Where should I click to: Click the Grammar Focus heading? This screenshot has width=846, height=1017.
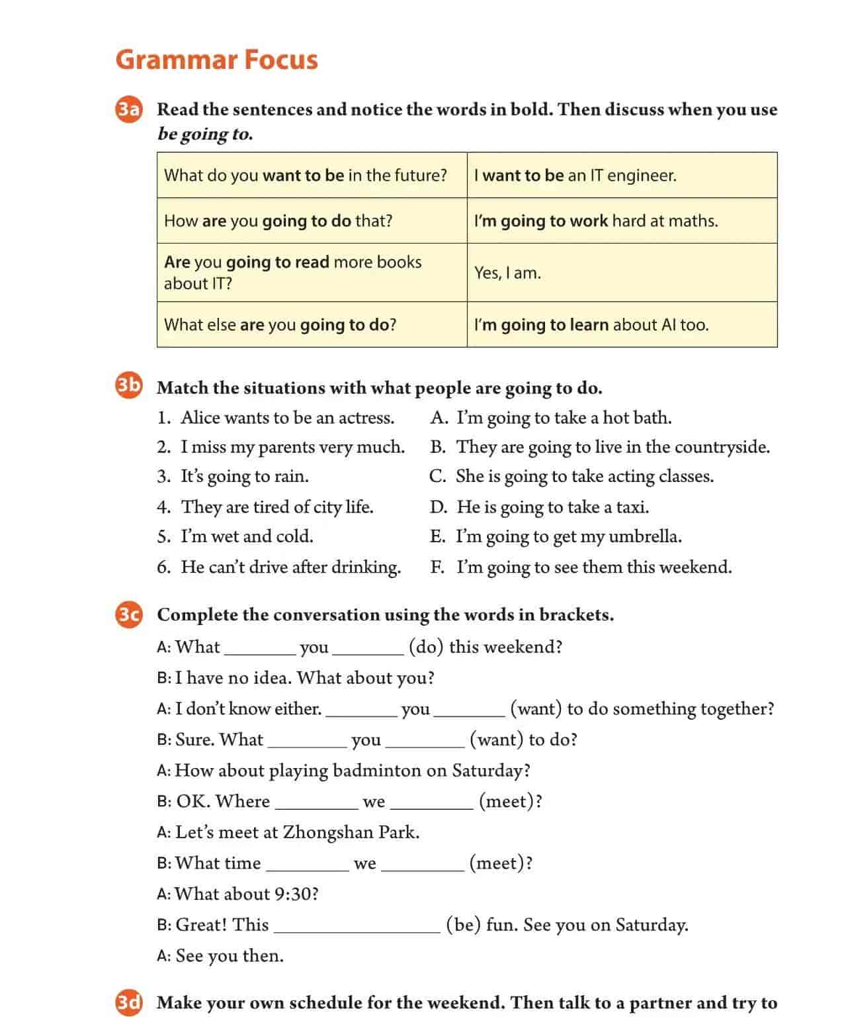pos(216,59)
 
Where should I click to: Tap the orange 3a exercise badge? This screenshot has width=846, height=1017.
pos(129,109)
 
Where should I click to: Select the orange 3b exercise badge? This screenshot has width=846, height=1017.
pos(129,386)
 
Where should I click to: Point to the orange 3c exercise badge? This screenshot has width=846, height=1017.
pos(129,614)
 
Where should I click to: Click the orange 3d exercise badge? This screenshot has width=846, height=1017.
pos(129,1002)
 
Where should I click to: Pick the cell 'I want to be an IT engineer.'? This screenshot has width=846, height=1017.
pos(622,175)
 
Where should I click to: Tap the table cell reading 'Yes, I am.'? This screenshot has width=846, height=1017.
pos(622,273)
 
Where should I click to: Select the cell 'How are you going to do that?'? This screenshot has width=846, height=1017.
pos(312,220)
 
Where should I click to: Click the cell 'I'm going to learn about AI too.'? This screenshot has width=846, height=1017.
pos(622,324)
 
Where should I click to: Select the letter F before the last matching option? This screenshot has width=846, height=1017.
pos(437,567)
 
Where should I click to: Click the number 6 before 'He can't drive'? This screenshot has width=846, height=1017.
pos(163,567)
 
